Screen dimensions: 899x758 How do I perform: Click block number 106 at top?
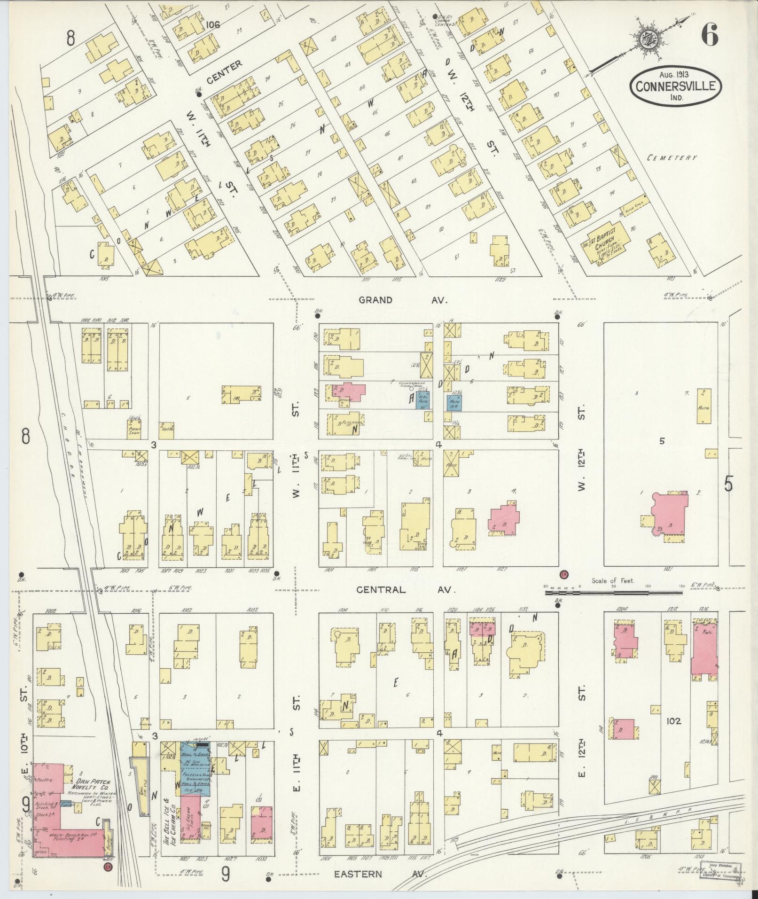pyautogui.click(x=212, y=24)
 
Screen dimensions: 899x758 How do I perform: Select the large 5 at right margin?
pyautogui.click(x=728, y=484)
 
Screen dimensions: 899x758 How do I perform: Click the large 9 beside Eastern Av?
pyautogui.click(x=226, y=874)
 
